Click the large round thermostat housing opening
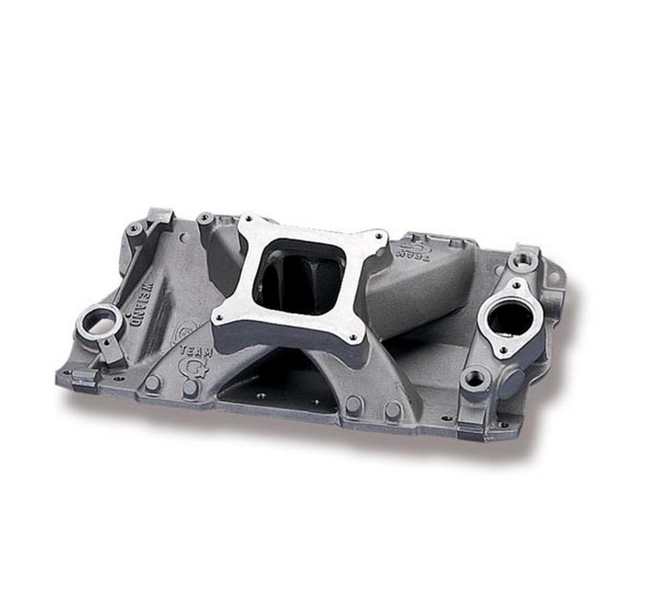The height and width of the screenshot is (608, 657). tap(510, 319)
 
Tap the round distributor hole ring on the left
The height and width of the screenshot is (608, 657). tap(99, 322)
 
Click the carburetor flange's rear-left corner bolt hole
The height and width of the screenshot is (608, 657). tap(249, 221)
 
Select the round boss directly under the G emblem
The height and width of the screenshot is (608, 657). tap(191, 387)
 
